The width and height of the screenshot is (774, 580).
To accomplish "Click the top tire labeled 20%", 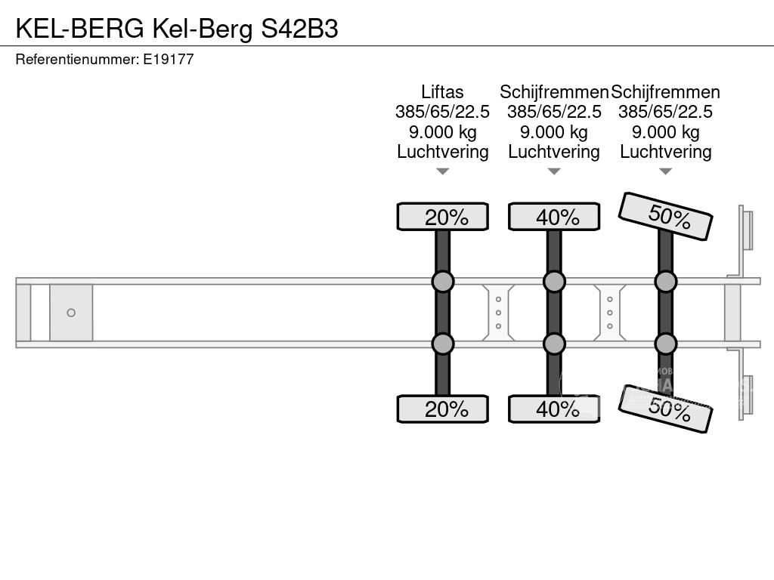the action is (443, 217).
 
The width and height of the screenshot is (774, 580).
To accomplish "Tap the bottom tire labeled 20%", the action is (443, 409).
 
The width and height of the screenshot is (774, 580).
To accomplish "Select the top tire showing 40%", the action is (554, 217).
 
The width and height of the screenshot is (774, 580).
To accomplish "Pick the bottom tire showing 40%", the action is (554, 409).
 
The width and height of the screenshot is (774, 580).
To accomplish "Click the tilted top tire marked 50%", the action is (665, 216).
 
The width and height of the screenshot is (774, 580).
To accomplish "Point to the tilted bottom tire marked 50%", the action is (665, 409).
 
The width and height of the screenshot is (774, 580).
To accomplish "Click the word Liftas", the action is (442, 92).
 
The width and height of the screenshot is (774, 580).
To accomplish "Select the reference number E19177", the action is (169, 59).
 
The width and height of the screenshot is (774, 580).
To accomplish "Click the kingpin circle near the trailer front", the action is (71, 313).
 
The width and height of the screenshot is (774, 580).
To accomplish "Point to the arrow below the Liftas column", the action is (443, 171).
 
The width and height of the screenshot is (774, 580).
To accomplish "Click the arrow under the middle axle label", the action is (554, 171).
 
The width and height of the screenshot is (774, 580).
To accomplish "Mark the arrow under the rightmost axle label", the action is (666, 171).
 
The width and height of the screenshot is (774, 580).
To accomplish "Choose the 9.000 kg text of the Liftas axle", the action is (443, 132).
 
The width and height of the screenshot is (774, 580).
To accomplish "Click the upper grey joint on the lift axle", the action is (443, 282).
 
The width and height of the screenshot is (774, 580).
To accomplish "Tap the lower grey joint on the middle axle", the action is (554, 344).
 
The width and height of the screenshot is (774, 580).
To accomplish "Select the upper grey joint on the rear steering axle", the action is (666, 282).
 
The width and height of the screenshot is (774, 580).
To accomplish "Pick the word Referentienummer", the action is (77, 59).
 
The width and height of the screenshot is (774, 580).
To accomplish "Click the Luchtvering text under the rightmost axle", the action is (666, 152).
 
